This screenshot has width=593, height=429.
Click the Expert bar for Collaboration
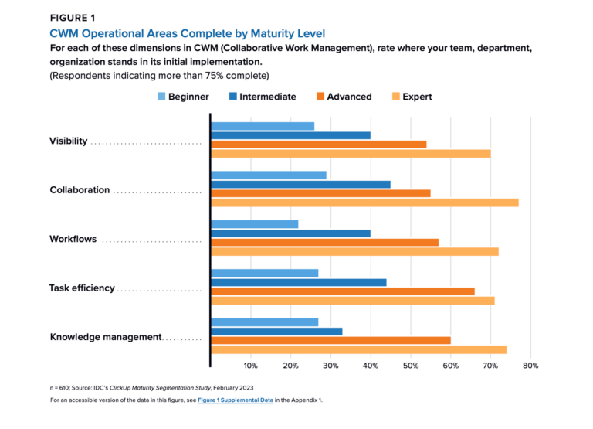click(364, 203)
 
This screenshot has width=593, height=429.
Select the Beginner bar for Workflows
click(255, 224)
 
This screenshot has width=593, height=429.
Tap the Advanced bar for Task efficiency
click(343, 291)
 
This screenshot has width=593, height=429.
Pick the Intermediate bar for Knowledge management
click(276, 331)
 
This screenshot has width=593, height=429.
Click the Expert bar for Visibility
click(351, 153)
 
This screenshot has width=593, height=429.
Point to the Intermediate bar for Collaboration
click(300, 184)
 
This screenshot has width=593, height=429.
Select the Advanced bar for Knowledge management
click(330, 340)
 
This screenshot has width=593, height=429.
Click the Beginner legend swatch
click(161, 97)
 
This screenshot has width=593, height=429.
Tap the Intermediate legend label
click(268, 97)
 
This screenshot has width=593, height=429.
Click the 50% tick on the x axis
click(410, 366)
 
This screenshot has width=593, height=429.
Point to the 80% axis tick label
click(530, 366)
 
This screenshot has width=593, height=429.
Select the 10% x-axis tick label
click(250, 366)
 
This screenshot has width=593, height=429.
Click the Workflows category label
click(73, 239)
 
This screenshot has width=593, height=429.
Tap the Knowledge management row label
click(106, 337)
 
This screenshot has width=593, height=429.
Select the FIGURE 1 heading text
click(73, 18)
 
